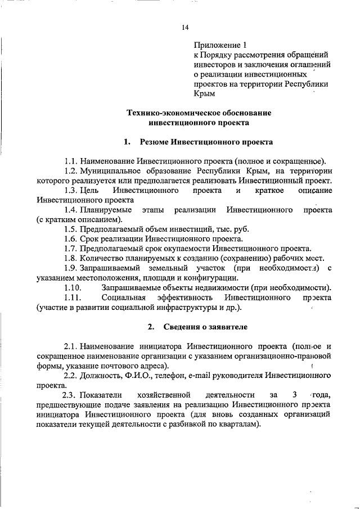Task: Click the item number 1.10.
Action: pyautogui.click(x=73, y=287)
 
